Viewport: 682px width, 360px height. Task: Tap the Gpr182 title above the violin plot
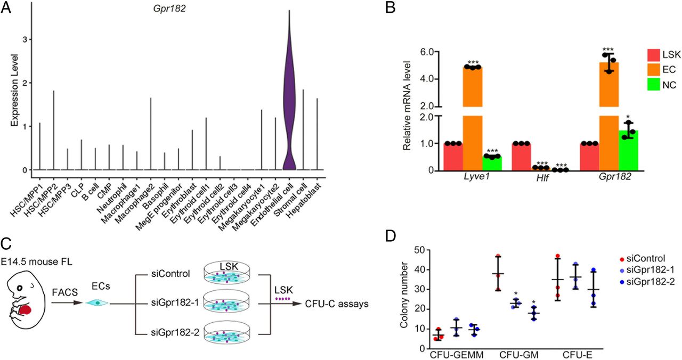[169, 9]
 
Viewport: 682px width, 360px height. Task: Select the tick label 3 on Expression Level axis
[25, 39]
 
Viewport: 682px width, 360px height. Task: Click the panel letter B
[391, 8]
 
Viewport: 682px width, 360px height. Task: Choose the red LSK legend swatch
[653, 55]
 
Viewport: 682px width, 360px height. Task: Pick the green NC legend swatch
[653, 85]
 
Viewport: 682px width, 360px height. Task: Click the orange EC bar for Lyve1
[473, 119]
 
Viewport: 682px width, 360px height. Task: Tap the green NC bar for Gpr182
[628, 150]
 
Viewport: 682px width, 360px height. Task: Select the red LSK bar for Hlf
[521, 157]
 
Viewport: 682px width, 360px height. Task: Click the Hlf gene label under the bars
[543, 178]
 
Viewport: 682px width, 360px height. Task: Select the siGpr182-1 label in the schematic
[170, 304]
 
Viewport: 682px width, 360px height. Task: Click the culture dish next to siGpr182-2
[227, 333]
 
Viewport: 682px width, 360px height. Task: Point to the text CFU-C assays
[337, 304]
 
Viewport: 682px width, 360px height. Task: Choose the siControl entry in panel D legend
[643, 258]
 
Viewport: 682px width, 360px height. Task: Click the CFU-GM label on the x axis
[519, 355]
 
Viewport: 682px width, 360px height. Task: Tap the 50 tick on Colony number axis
[421, 250]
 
